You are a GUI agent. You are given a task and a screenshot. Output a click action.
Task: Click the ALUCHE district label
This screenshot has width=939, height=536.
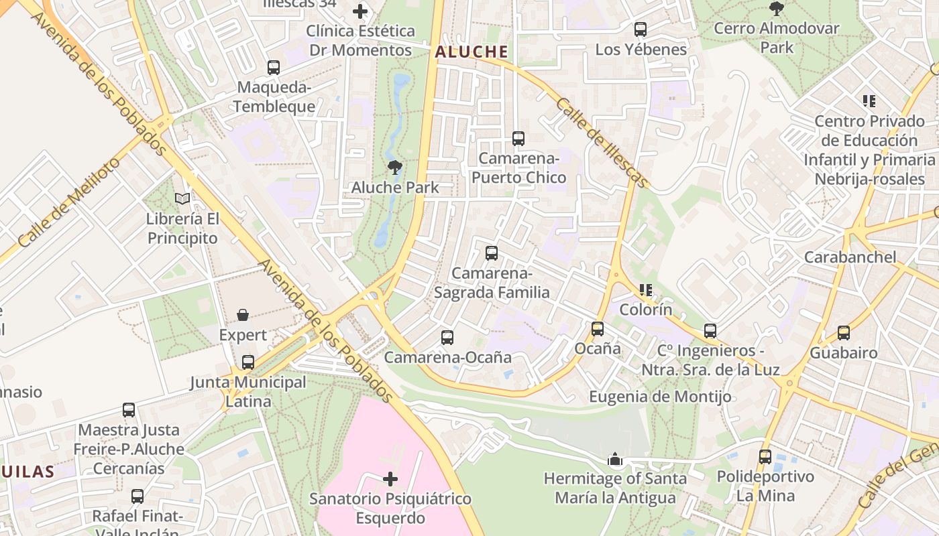click(x=471, y=52)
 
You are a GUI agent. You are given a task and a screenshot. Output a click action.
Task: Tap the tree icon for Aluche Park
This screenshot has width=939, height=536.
click(x=395, y=167)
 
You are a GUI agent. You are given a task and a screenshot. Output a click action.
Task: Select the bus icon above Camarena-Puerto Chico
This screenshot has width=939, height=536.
click(x=518, y=139)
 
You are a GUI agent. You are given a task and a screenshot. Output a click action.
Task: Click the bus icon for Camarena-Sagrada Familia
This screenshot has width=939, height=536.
click(x=492, y=253)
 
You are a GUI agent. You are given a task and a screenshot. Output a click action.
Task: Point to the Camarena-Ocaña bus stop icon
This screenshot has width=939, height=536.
click(x=447, y=338)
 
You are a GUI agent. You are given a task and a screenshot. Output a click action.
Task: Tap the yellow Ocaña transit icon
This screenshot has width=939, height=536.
click(x=598, y=328)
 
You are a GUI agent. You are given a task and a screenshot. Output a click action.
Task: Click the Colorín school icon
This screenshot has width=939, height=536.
click(x=646, y=290)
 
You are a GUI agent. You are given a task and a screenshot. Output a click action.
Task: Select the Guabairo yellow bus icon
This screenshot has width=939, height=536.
click(x=844, y=333)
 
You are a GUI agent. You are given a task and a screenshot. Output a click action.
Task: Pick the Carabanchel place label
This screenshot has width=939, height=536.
click(x=850, y=257)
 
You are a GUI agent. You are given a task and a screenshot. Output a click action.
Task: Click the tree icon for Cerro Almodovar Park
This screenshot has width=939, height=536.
click(x=777, y=9)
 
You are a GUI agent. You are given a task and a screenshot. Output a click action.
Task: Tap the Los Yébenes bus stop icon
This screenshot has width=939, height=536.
click(x=641, y=29)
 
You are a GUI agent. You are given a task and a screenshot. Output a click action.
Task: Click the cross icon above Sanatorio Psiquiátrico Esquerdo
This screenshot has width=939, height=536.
click(x=390, y=479)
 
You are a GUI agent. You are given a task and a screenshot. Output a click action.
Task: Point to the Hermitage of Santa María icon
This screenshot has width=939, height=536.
click(x=614, y=459)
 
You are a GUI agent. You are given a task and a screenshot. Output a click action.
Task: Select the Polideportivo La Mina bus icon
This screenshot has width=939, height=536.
click(x=765, y=457)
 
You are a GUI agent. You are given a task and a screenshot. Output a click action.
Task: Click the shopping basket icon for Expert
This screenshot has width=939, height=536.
click(x=243, y=315)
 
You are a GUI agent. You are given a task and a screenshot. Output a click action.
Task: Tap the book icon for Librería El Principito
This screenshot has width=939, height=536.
click(x=182, y=198)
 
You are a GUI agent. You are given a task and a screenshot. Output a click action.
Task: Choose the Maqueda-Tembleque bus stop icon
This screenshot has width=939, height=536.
click(x=274, y=68)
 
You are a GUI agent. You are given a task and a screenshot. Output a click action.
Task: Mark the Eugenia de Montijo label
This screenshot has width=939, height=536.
click(x=660, y=397)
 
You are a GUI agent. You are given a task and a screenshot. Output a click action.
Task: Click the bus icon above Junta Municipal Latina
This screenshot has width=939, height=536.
click(x=248, y=362)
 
